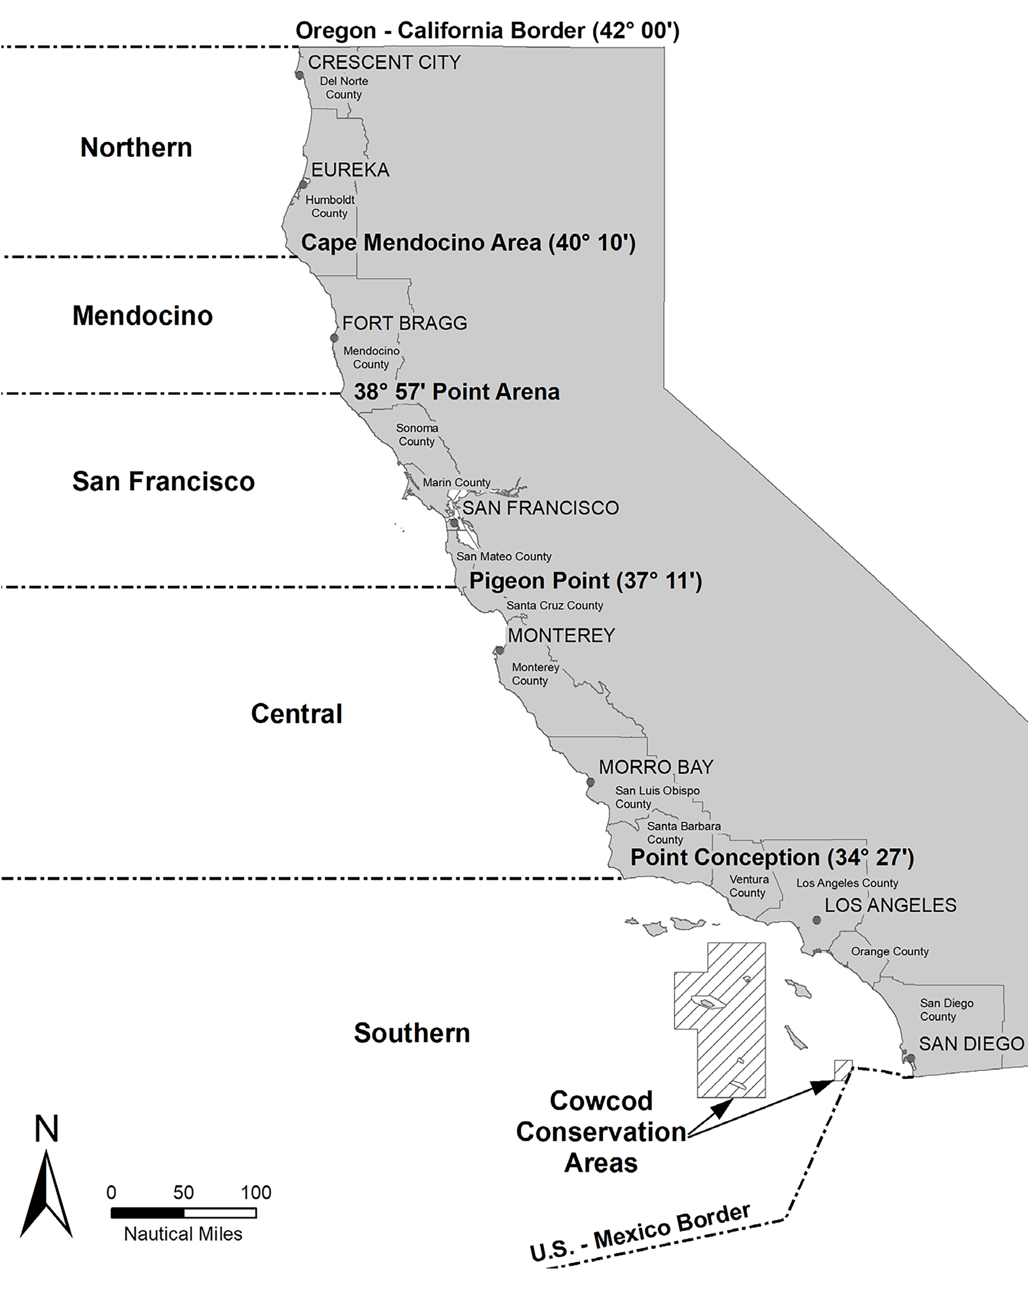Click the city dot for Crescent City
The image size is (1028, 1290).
pyautogui.click(x=300, y=75)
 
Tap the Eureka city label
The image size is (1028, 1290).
pyautogui.click(x=350, y=170)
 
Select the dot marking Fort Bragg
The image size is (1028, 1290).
pyautogui.click(x=334, y=338)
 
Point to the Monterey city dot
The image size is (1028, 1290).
pyautogui.click(x=500, y=651)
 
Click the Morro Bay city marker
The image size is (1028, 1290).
pyautogui.click(x=590, y=782)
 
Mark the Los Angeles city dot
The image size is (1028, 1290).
pyautogui.click(x=816, y=920)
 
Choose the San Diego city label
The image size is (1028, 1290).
pyautogui.click(x=971, y=1044)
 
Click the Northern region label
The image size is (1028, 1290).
pyautogui.click(x=136, y=148)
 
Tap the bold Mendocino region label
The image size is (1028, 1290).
pyautogui.click(x=142, y=316)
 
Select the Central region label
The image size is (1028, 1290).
pyautogui.click(x=297, y=714)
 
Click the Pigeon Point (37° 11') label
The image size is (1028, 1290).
pyautogui.click(x=585, y=580)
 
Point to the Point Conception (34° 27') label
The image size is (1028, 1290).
pyautogui.click(x=772, y=857)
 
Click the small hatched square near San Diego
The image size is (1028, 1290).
pyautogui.click(x=843, y=1070)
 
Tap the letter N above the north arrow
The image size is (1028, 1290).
pyautogui.click(x=47, y=1130)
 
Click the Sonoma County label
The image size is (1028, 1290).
pyautogui.click(x=417, y=435)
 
